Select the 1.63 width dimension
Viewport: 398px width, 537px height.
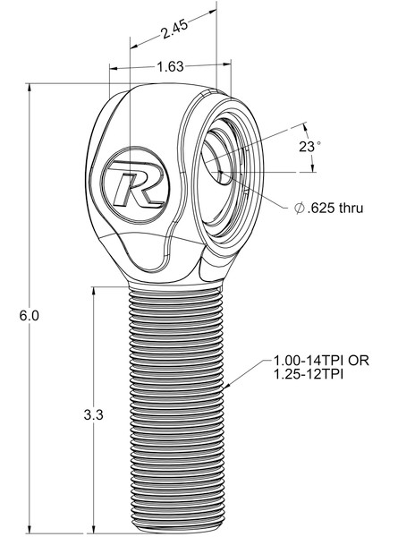(170, 66)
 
